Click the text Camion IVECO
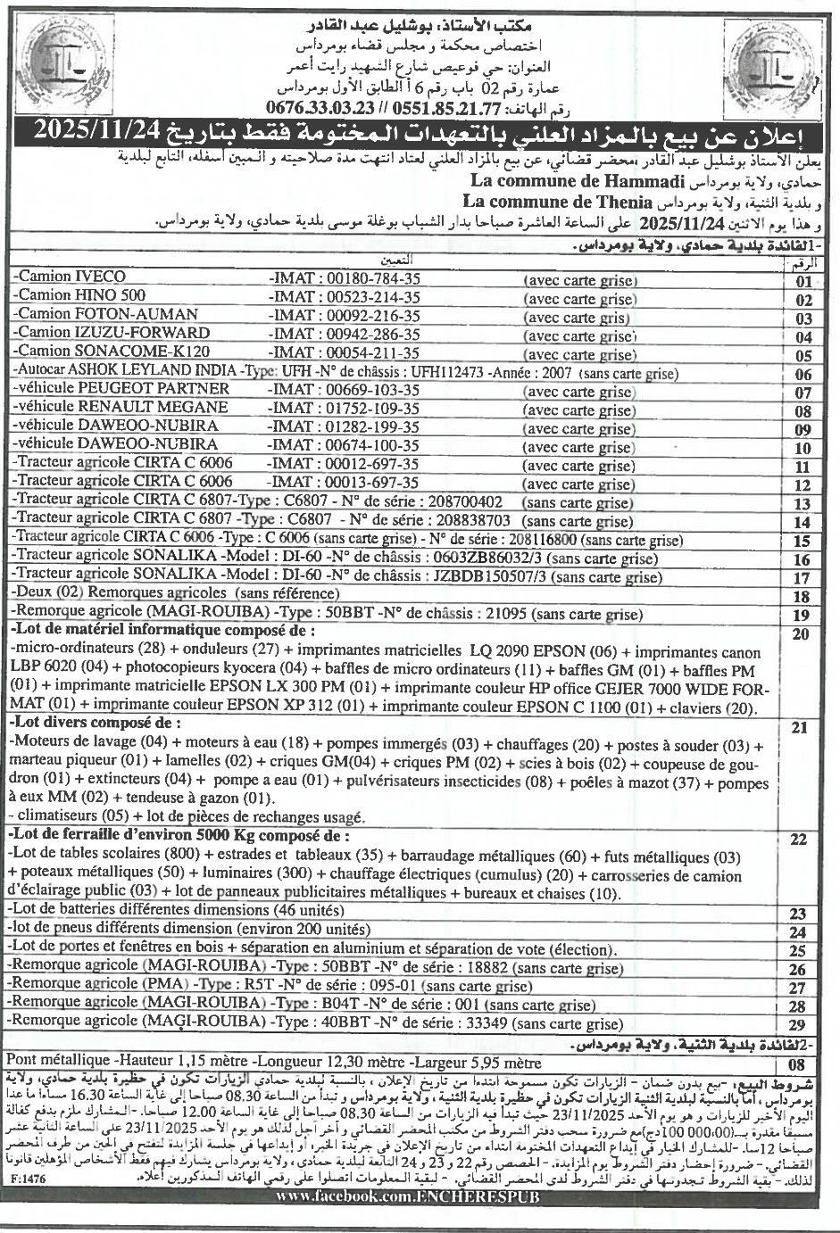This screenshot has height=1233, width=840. (x=72, y=277)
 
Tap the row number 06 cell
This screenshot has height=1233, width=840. (x=803, y=375)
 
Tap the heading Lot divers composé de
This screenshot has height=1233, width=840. (x=95, y=721)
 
